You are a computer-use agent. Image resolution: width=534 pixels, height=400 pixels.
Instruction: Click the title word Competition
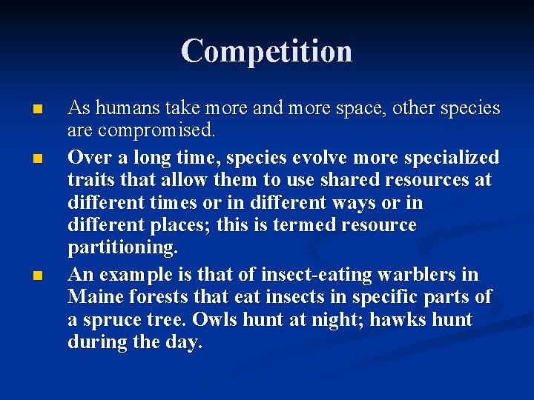coord(266,51)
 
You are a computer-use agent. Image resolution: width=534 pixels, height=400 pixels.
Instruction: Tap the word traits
coord(90,180)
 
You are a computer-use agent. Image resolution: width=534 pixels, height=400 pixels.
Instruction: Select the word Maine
coord(92,297)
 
